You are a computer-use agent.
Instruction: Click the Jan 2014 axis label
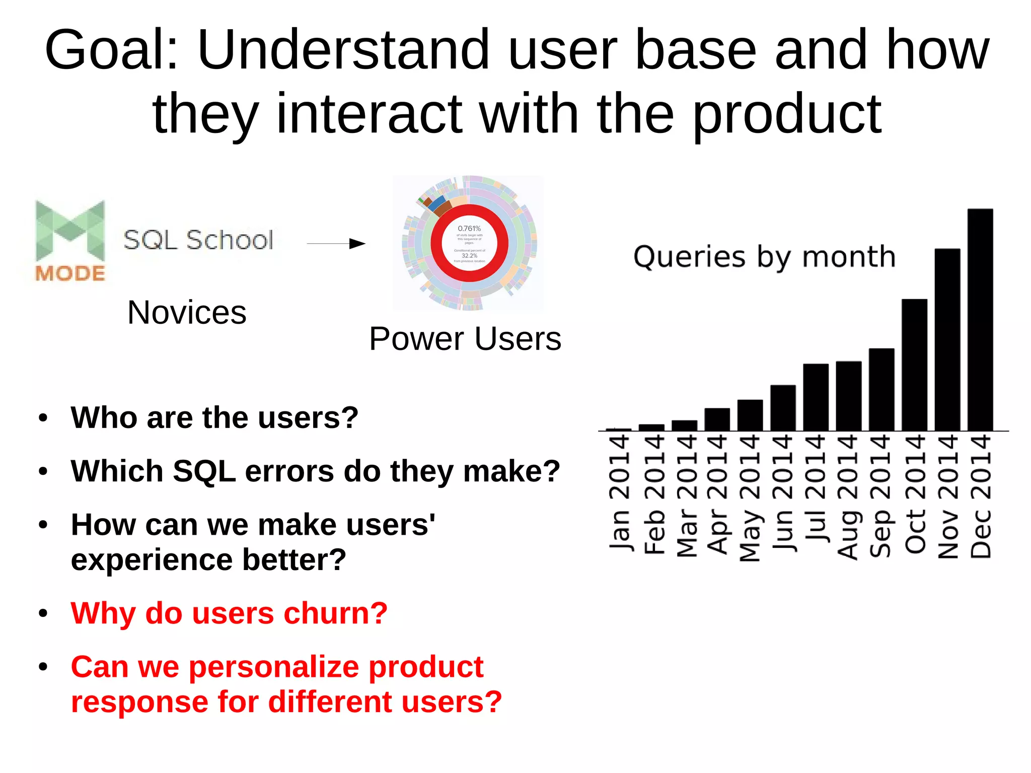coord(619,494)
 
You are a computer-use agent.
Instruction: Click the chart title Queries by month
coord(764,257)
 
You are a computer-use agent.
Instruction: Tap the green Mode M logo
coord(70,230)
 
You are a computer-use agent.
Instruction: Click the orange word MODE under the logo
coord(70,273)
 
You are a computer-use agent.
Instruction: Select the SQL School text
coord(198,240)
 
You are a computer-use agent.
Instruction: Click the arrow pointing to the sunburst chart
coord(336,244)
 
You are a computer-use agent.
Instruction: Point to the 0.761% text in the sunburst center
coord(469,229)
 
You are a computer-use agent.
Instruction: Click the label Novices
coord(187,312)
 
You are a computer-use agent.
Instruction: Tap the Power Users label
coord(465,338)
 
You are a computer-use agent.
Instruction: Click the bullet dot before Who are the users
coord(43,417)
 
